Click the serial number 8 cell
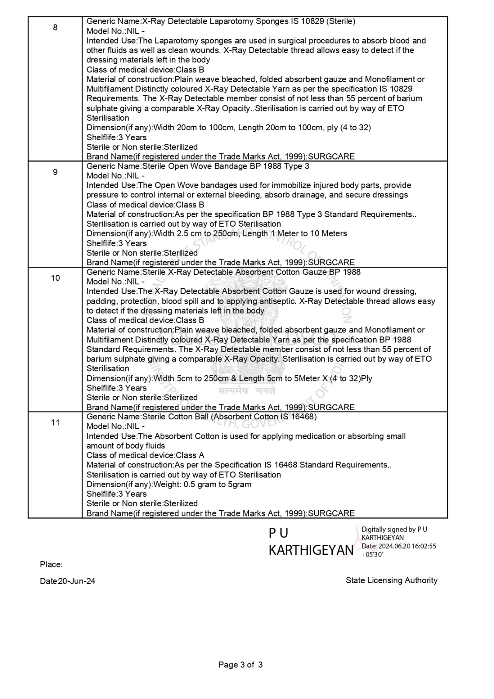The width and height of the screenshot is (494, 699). pos(55,28)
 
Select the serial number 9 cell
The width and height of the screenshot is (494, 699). pos(55,172)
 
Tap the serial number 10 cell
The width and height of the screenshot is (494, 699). pos(55,278)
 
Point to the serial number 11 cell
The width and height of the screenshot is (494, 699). pos(55,422)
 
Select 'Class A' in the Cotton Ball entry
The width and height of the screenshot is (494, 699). pos(190,455)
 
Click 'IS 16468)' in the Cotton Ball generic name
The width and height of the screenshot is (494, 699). pos(298,416)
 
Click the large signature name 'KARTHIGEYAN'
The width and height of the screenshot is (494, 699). pos(310,550)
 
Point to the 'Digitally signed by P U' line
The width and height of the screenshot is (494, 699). pos(394,529)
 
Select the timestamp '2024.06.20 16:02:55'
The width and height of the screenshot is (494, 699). pos(407,546)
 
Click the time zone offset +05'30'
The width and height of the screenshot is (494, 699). pos(372,554)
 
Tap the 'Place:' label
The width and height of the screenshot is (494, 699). pos(51,564)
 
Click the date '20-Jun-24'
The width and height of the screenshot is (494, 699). pos(77,581)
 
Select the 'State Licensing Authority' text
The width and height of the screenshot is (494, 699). pos(391,580)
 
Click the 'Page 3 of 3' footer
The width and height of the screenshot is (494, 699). pos(240,665)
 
